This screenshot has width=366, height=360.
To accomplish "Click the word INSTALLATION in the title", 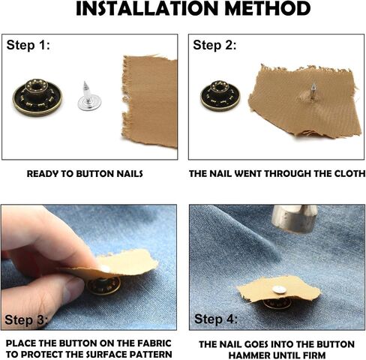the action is [x=147, y=8].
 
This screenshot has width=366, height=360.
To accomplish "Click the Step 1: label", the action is [x=28, y=45].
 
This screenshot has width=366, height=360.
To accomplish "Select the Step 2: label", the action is [x=214, y=45].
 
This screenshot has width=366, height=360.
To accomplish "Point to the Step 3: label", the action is [x=26, y=319].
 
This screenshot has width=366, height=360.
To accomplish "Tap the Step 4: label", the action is [x=216, y=319].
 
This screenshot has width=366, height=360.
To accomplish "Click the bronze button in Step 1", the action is [x=37, y=97].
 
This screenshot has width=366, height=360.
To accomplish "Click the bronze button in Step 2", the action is [x=220, y=95].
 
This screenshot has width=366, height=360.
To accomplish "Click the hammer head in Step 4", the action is [x=295, y=218].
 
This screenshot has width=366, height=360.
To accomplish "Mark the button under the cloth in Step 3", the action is [x=103, y=286].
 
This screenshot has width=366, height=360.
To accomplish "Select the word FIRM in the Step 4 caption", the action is [x=314, y=355].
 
